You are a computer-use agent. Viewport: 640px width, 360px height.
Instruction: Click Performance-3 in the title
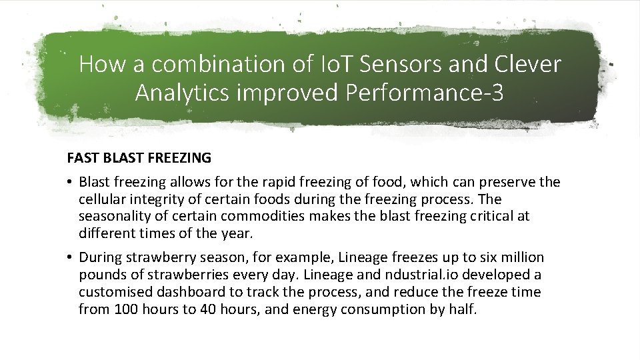click(x=424, y=93)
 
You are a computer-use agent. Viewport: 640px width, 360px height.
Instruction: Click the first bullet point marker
click(x=69, y=182)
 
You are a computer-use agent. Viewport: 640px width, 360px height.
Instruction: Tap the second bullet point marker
click(x=69, y=257)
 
